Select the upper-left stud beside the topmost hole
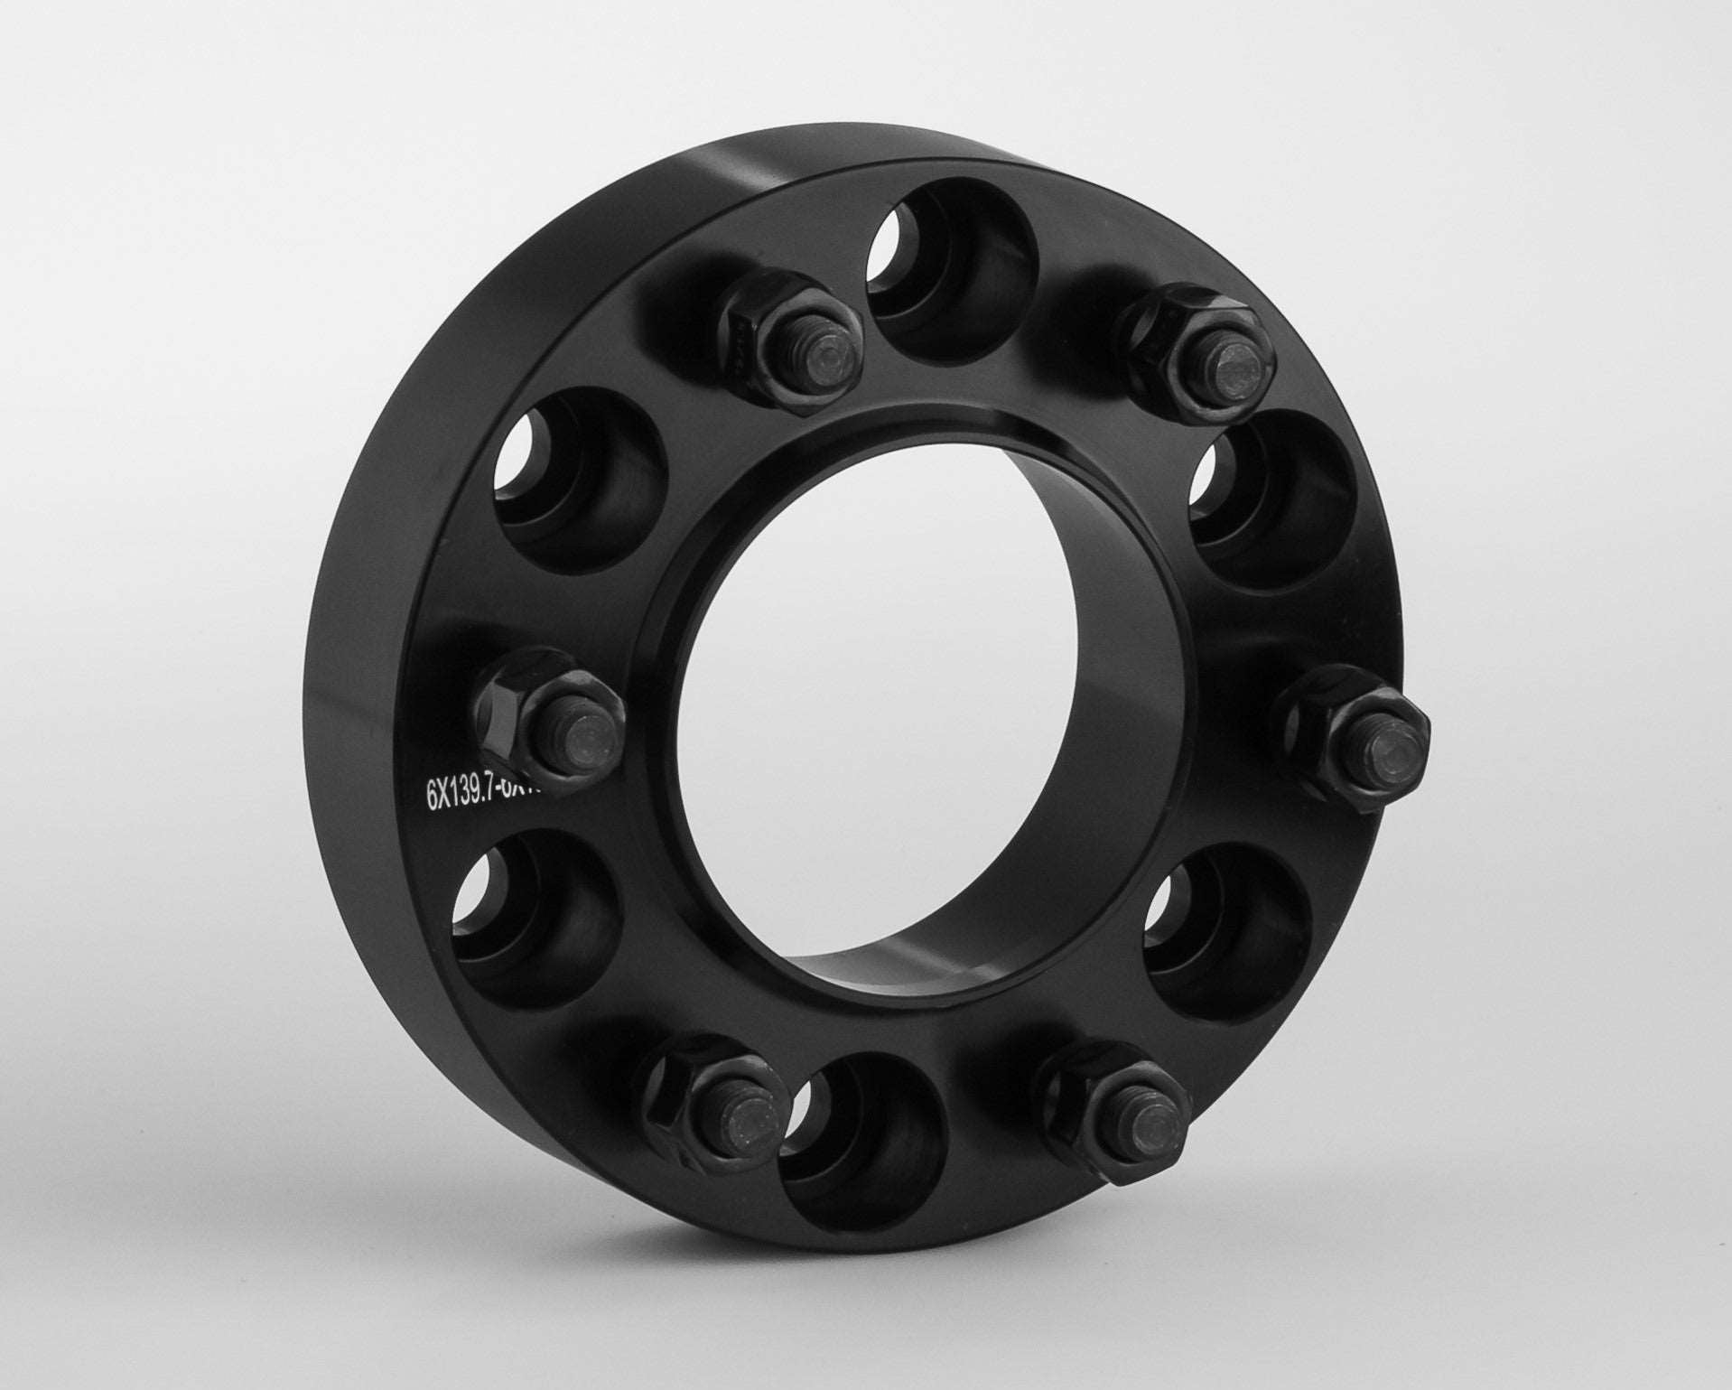795,339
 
